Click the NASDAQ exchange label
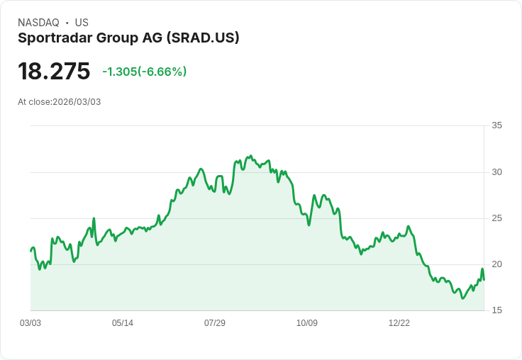(x=38, y=23)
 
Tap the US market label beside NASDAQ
(x=82, y=23)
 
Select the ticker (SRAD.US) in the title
(x=203, y=38)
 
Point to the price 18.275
(x=54, y=71)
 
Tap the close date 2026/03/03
(x=77, y=102)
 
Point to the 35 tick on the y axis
(x=496, y=126)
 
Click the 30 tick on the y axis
(x=496, y=172)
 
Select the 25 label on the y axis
(x=496, y=218)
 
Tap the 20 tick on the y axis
(x=496, y=264)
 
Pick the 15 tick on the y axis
(x=496, y=310)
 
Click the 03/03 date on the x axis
(x=30, y=323)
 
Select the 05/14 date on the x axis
(x=123, y=323)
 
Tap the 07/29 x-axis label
(x=215, y=323)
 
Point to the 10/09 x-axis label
(x=307, y=323)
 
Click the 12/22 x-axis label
(x=399, y=323)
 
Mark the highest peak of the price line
(x=250, y=156)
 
